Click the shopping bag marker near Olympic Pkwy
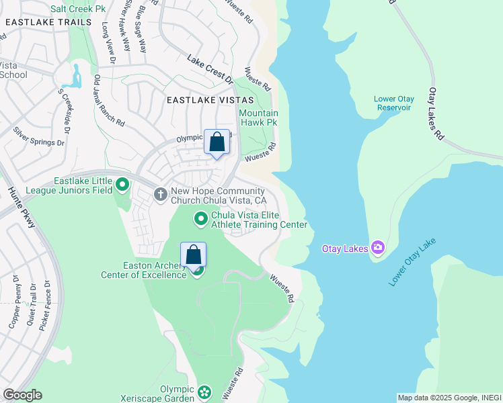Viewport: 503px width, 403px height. coord(217,142)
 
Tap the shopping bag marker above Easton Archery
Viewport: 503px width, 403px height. coord(193,255)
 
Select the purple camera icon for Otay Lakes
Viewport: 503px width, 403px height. coord(378,249)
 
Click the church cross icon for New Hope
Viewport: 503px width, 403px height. coord(161,195)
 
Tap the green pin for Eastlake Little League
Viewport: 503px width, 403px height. coord(122,184)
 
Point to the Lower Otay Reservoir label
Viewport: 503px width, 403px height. coord(394,103)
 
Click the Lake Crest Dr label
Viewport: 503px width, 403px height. coord(210,69)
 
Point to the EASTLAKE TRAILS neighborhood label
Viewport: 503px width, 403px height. coord(48,22)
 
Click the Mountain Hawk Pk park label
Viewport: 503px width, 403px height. coord(258,118)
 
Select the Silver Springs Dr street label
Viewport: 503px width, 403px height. coord(39,134)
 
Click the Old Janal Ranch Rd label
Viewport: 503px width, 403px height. coord(109,101)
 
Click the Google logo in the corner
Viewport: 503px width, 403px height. coord(22,395)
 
